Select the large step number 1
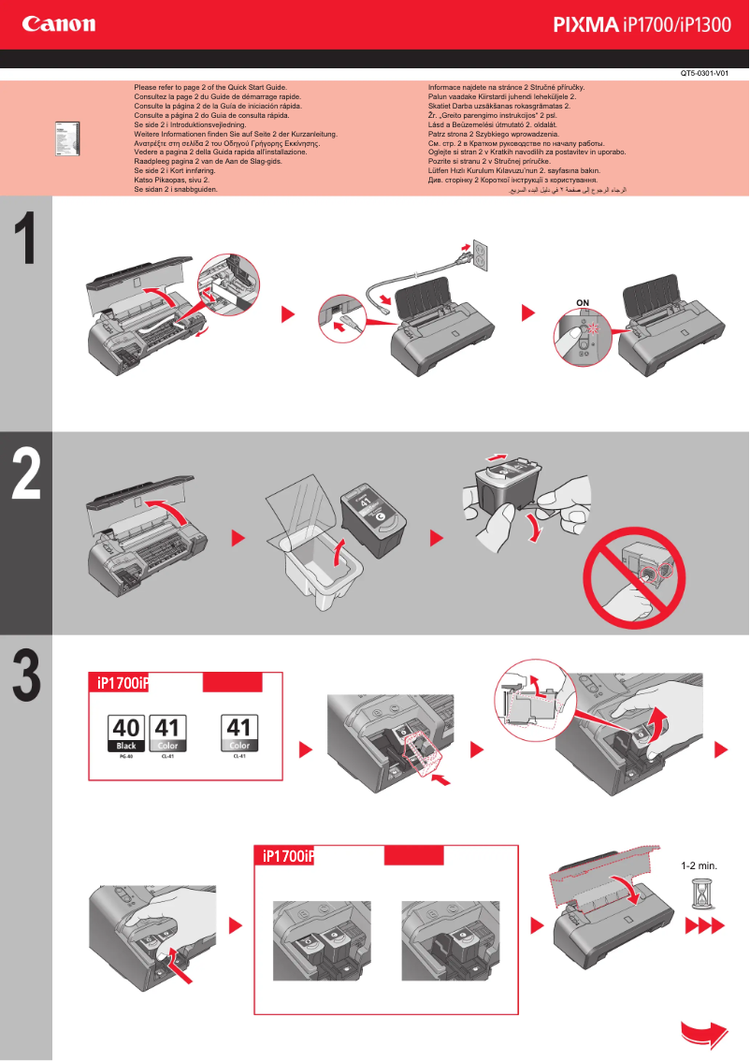26,240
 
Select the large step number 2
26,475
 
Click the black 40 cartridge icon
127,734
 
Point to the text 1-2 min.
699,866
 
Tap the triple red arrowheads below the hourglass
704,926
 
